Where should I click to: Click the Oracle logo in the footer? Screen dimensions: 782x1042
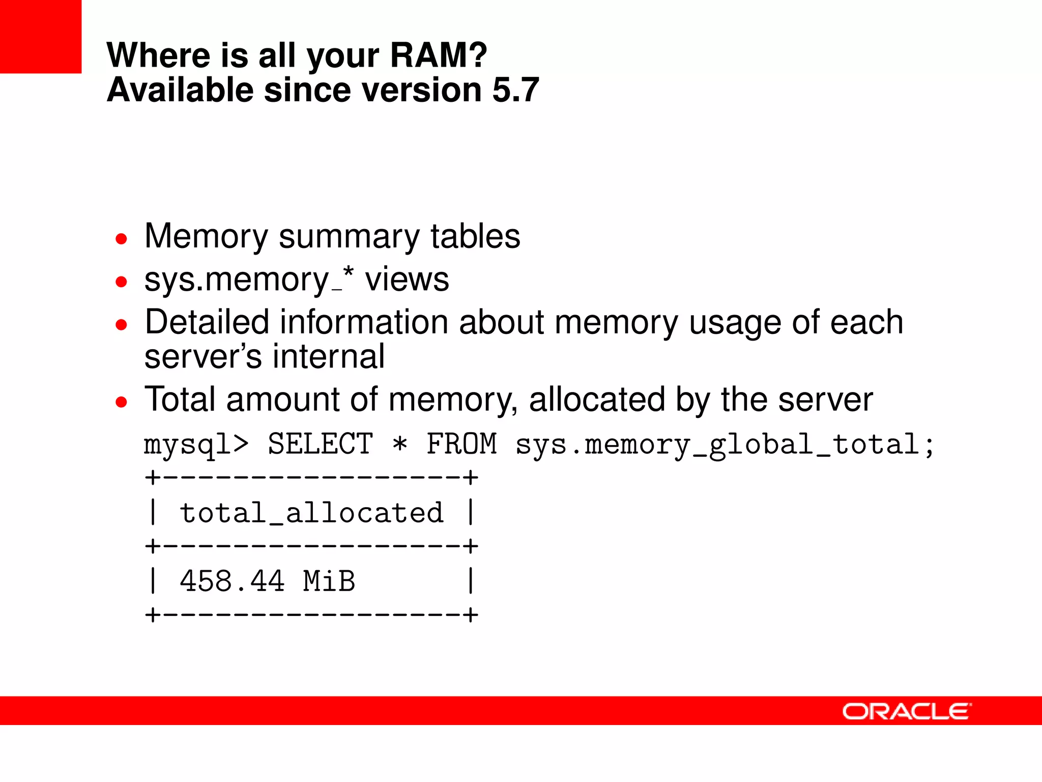[x=907, y=711]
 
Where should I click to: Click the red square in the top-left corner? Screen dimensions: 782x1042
[x=40, y=36]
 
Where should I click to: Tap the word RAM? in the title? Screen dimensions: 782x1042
[x=438, y=55]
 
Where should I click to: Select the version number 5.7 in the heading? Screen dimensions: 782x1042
[x=515, y=90]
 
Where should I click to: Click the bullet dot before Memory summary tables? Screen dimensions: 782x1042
[x=121, y=239]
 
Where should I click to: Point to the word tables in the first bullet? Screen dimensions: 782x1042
[x=475, y=236]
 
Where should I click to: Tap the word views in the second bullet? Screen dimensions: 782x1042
[x=407, y=280]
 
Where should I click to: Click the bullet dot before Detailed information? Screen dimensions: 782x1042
[x=121, y=325]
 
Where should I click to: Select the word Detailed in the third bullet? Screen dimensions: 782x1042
[x=207, y=322]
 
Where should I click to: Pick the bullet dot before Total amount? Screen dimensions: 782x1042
[x=121, y=402]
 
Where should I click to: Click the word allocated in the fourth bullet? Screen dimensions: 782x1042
[x=596, y=399]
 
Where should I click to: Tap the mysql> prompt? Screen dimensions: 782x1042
[x=196, y=444]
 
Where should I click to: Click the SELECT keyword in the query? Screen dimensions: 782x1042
[x=320, y=443]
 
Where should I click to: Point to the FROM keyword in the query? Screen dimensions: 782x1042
[x=461, y=443]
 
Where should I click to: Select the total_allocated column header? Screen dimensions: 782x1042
[x=311, y=512]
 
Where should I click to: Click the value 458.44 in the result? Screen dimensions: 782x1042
[x=232, y=581]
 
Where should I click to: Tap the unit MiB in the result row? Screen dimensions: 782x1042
[x=329, y=581]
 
